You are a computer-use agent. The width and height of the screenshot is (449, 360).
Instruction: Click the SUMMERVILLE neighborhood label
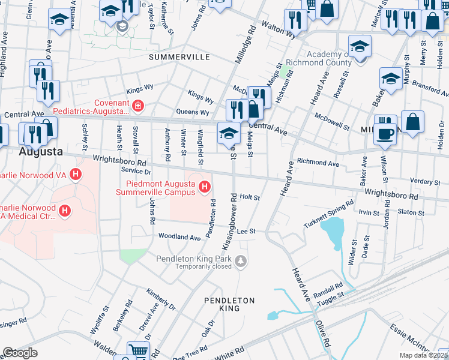(x=179, y=57)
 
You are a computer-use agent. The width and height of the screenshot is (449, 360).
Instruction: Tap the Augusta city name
(x=41, y=151)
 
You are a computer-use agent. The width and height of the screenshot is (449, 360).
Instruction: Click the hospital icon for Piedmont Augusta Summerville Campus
(x=205, y=187)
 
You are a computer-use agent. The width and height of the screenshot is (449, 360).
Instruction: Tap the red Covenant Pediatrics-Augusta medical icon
(x=138, y=106)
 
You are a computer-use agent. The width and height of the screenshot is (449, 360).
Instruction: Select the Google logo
(x=20, y=353)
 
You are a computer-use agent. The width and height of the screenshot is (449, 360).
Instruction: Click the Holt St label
(x=249, y=197)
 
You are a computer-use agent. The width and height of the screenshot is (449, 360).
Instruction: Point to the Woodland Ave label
(x=179, y=238)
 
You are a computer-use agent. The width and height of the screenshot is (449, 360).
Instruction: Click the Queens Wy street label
(x=192, y=112)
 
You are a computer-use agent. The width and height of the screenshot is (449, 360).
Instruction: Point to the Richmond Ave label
(x=318, y=163)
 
